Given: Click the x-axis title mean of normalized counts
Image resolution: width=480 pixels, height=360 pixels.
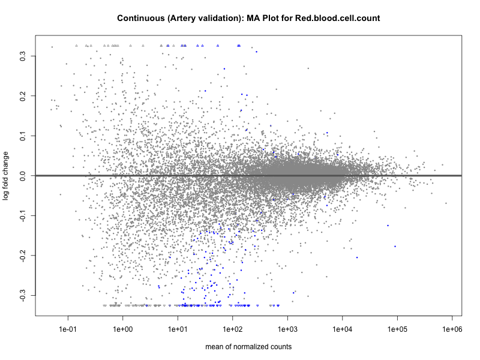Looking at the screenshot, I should pos(248,347).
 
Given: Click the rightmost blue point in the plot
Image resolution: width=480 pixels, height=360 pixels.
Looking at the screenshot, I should pos(395,247).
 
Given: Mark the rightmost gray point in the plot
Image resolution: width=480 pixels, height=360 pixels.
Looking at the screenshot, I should pos(446,203).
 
